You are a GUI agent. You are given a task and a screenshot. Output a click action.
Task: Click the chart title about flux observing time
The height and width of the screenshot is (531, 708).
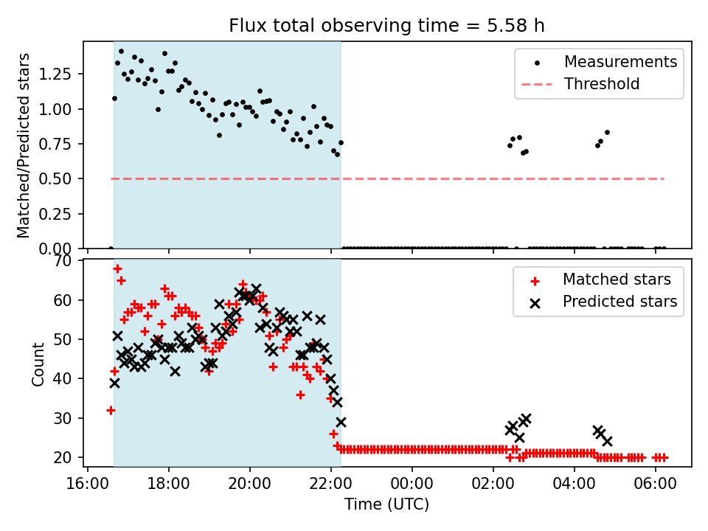click(386, 26)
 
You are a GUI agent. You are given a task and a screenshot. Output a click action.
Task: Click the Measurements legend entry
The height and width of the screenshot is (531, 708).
click(620, 62)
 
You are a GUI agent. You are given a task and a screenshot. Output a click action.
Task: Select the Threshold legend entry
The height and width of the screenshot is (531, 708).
click(602, 84)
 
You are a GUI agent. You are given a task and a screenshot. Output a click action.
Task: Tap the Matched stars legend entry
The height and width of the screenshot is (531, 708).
click(617, 280)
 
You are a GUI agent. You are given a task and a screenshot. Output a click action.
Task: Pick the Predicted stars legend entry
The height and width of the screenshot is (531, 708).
click(619, 301)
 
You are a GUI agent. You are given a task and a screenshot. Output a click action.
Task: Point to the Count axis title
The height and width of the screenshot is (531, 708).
click(38, 364)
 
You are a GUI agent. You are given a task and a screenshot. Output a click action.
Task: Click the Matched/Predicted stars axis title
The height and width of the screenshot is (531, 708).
click(24, 145)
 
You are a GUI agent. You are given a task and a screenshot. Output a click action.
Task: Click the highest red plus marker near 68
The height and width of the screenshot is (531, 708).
click(117, 268)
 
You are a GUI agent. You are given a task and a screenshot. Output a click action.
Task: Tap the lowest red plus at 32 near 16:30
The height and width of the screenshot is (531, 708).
click(111, 410)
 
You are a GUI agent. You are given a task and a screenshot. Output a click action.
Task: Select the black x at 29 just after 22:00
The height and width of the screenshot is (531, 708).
click(341, 422)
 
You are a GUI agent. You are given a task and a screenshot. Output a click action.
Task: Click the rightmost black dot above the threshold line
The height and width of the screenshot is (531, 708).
click(607, 133)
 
